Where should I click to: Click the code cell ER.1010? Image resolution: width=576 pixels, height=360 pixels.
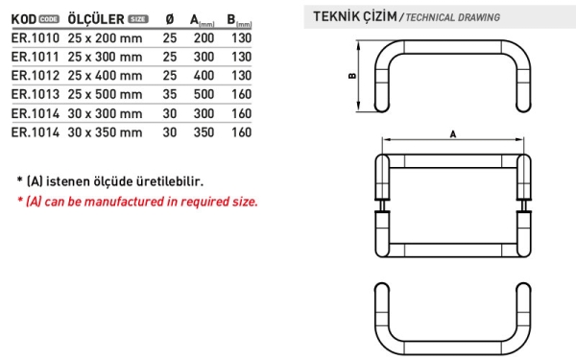pos(36,38)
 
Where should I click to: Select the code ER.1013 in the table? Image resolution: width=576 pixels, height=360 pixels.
pos(36,94)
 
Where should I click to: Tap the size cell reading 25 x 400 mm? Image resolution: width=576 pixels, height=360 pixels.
pos(105,76)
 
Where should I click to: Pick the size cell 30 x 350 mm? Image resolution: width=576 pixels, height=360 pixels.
pos(105,132)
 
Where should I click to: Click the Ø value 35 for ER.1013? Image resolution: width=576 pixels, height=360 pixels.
pos(170,94)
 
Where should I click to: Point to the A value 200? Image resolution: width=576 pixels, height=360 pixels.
pos(204,38)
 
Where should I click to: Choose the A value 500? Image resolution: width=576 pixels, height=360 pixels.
pos(204,94)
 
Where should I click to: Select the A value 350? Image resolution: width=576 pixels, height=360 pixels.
pos(204,132)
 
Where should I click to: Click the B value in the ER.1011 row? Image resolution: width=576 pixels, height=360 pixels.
pos(241,57)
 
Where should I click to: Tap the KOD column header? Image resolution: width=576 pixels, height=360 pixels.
pos(24,19)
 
